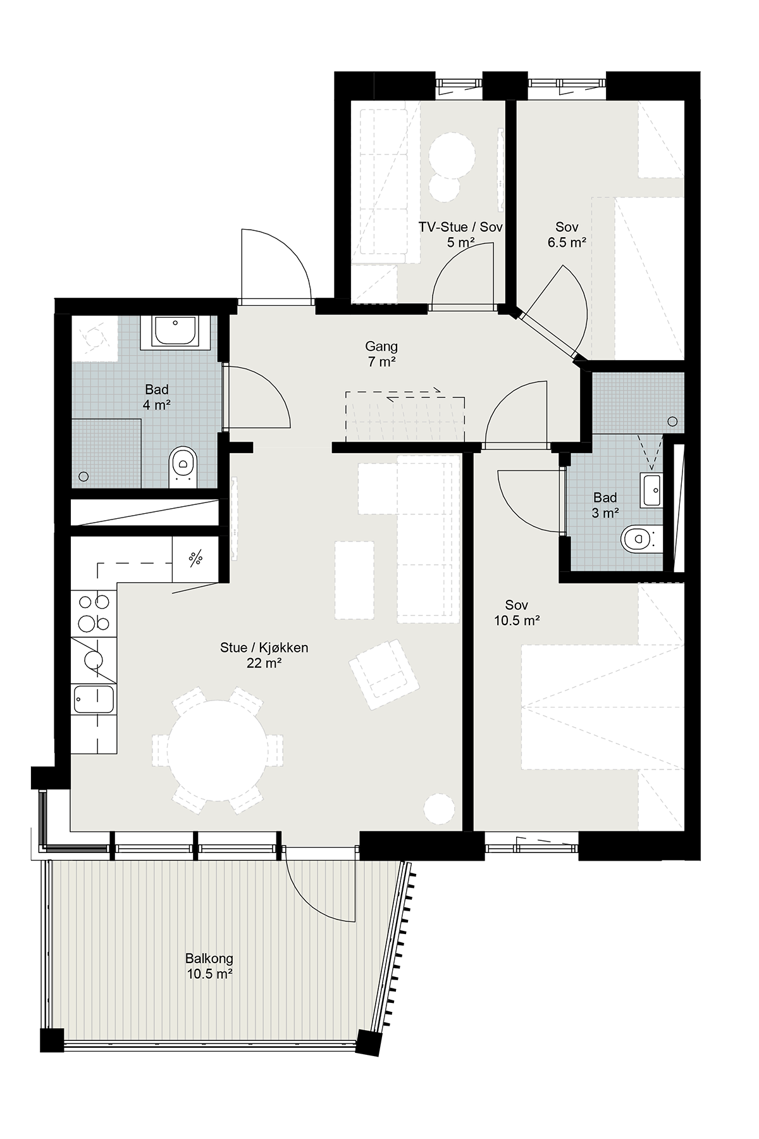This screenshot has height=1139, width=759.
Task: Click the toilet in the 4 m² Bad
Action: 183,467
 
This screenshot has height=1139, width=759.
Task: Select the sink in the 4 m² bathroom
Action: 176,332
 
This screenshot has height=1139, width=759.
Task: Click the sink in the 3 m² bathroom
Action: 651,489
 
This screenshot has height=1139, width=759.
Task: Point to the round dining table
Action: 218,750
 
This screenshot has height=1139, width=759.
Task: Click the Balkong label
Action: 209,958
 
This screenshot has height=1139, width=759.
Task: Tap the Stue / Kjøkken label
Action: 264,647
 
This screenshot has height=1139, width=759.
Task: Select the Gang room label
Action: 381,346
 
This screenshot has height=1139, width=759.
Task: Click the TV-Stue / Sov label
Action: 460,227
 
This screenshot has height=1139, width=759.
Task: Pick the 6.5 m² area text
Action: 567,242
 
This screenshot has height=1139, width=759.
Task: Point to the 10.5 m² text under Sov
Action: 517,621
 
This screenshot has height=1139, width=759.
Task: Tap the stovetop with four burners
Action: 94,613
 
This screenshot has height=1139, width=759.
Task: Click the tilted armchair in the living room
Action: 384,673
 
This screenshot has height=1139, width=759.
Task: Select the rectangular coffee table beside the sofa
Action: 354,579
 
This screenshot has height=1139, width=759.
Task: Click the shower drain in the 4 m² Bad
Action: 83,476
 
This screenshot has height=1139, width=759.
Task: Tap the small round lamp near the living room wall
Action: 439,809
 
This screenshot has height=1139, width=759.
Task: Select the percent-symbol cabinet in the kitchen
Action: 195,558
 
